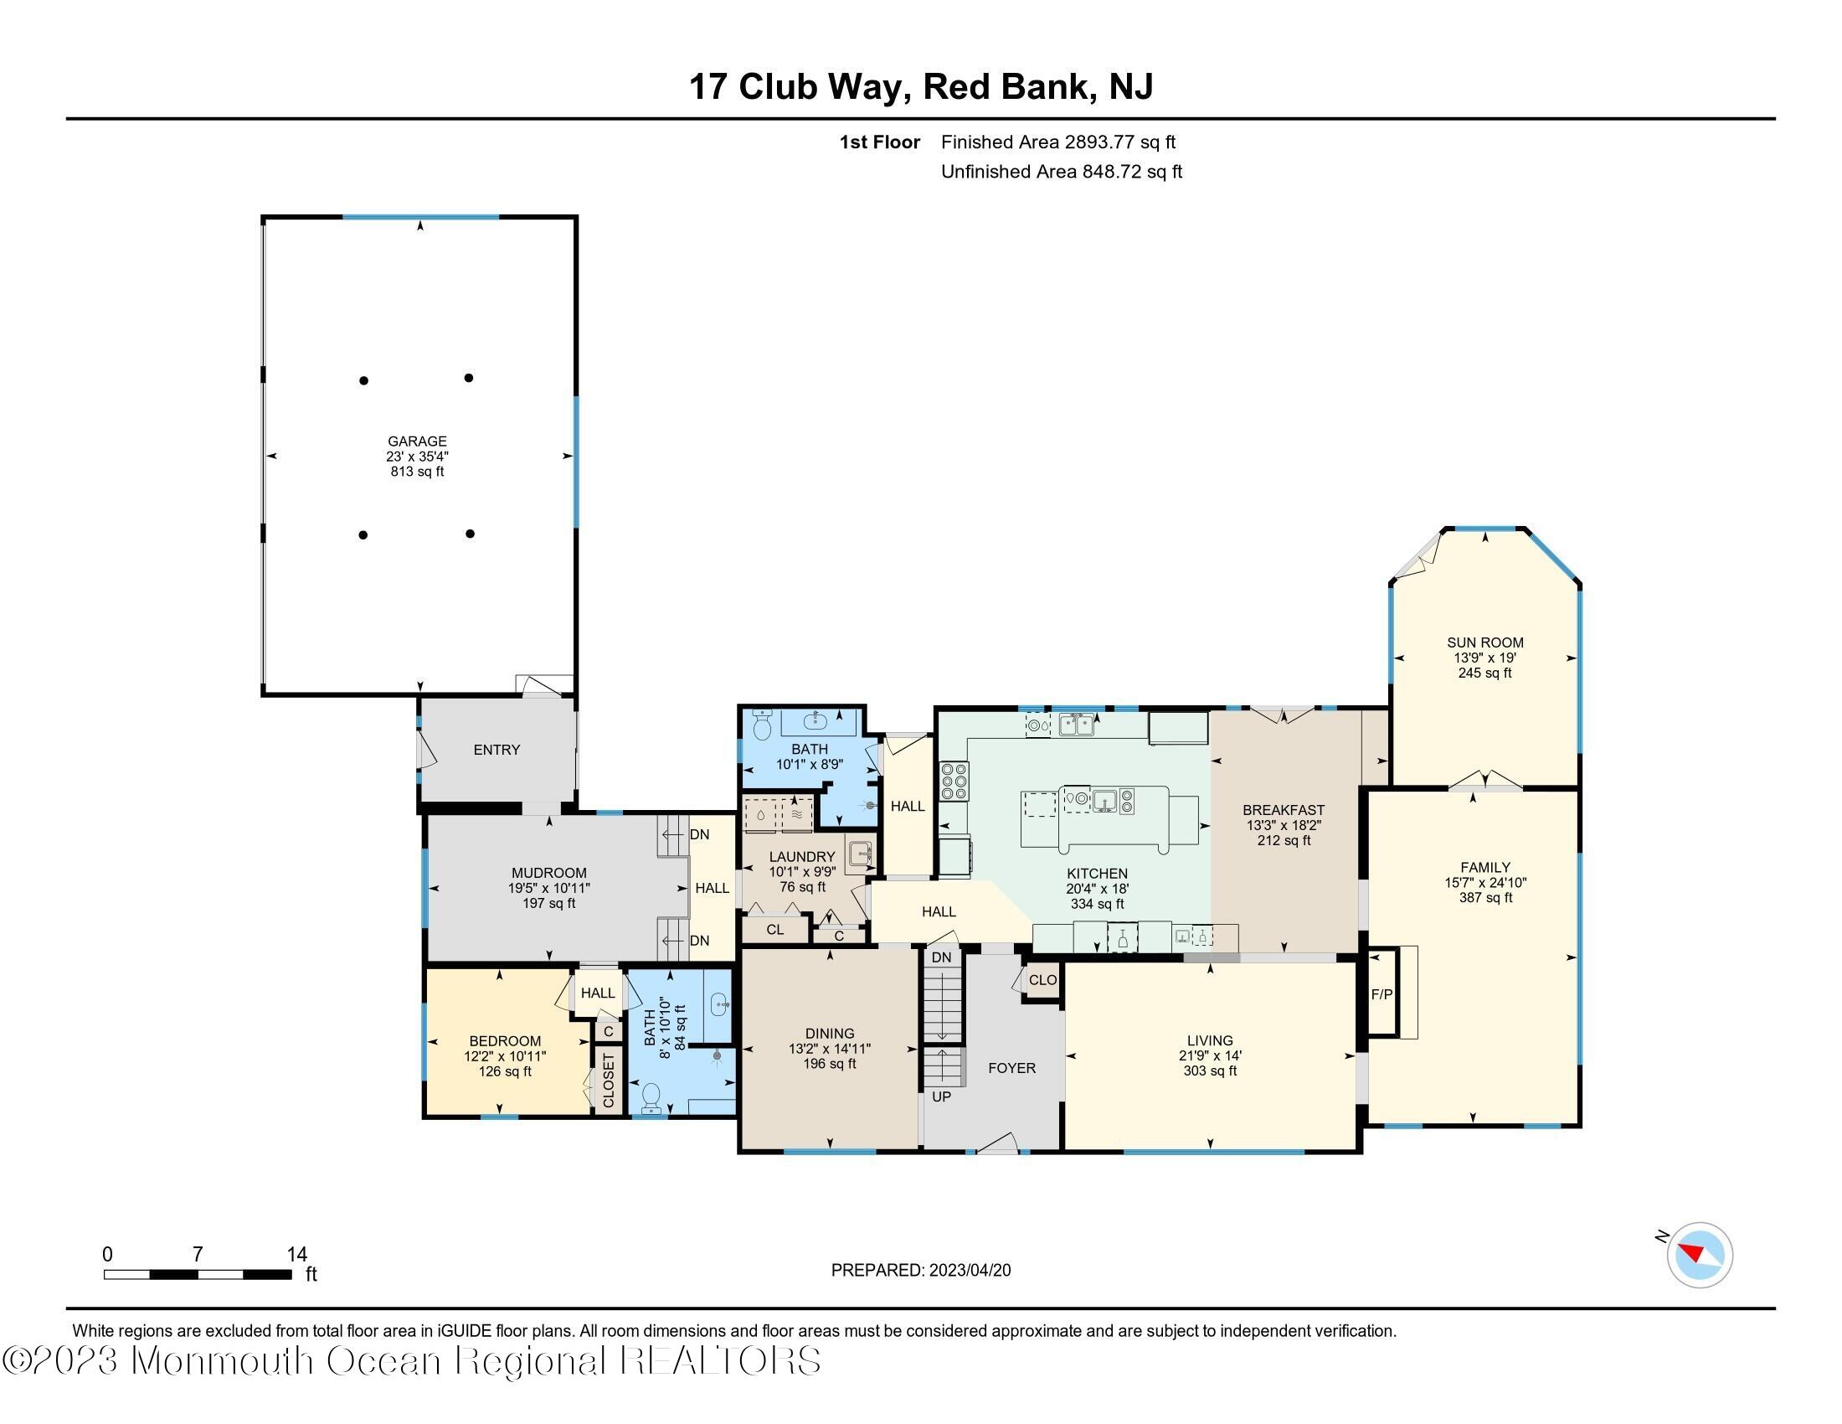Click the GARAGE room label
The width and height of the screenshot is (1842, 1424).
(x=417, y=441)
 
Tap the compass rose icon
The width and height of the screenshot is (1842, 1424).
(x=1700, y=1256)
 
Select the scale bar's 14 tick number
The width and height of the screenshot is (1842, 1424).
(x=296, y=1254)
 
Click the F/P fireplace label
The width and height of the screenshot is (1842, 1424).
(x=1381, y=994)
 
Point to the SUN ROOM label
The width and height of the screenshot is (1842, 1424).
(x=1485, y=642)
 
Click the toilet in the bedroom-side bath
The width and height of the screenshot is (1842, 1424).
(x=651, y=1097)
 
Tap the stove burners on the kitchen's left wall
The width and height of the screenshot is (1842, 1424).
(x=954, y=781)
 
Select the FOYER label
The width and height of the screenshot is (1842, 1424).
(x=1011, y=1068)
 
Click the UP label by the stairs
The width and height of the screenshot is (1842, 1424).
(x=941, y=1096)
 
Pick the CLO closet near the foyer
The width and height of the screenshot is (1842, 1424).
(x=1042, y=980)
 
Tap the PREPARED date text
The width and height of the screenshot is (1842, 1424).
(x=920, y=1271)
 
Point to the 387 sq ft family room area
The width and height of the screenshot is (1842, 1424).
(x=1485, y=898)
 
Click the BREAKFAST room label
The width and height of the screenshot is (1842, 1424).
(x=1284, y=810)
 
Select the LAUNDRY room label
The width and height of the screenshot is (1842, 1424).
(x=801, y=856)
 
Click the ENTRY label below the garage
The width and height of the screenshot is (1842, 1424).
(x=497, y=749)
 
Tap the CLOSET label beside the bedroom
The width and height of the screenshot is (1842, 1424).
(x=608, y=1081)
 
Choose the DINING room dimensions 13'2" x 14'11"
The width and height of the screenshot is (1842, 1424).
(x=829, y=1049)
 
